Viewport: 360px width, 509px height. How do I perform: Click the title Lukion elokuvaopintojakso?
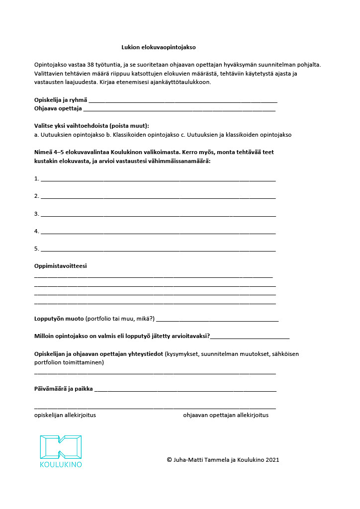coord(159,47)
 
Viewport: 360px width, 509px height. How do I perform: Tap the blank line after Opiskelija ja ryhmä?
coord(182,101)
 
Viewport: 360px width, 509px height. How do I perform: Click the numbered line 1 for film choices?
coord(158,179)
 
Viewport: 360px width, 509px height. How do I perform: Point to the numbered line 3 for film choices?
coord(158,215)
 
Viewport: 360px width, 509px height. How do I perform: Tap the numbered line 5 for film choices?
coord(158,250)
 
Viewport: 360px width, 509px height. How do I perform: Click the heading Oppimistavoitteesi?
coord(60,266)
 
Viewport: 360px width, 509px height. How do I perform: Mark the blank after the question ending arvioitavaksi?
coord(250,338)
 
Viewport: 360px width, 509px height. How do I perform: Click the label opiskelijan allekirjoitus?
coord(65,415)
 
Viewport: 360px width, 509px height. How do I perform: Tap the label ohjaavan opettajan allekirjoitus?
coord(226,415)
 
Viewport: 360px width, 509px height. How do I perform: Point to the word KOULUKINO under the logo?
coord(61,465)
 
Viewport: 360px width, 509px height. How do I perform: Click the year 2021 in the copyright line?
coord(272,460)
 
